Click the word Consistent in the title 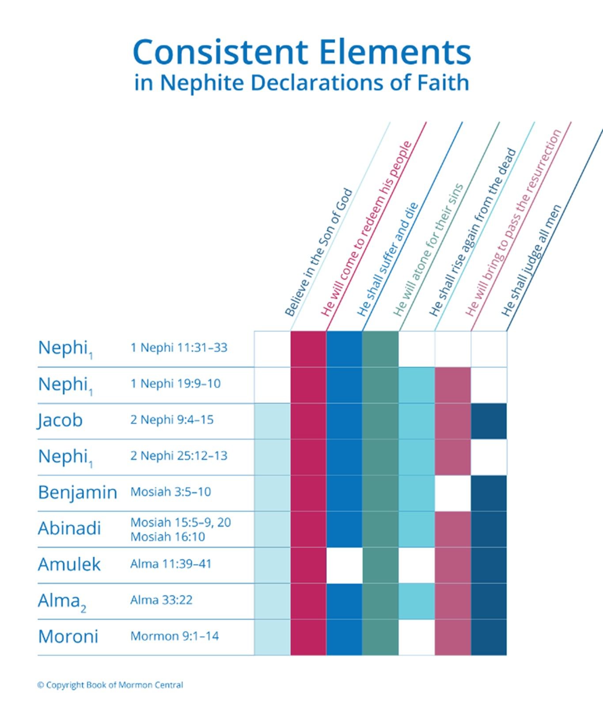click(220, 52)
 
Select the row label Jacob click(60, 420)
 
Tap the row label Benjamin click(77, 492)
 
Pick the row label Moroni click(68, 636)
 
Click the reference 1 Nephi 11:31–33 click(179, 348)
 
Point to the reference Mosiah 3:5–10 click(171, 492)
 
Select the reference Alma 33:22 click(161, 600)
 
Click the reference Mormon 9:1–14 click(174, 636)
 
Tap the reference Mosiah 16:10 click(168, 537)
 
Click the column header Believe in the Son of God click(319, 253)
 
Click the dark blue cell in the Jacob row click(489, 421)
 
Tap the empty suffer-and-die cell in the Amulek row click(344, 565)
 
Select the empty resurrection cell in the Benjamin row click(453, 493)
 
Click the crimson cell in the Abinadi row click(308, 529)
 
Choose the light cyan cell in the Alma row click(417, 601)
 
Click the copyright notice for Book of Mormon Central click(110, 685)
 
